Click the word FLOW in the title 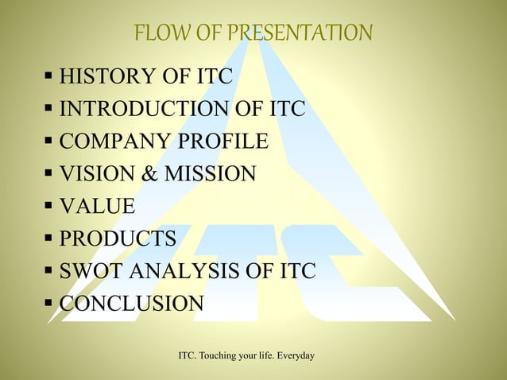tap(157, 33)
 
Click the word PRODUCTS tap(118, 238)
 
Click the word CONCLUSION tap(132, 304)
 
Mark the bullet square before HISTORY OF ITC tap(49, 78)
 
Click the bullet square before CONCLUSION tap(49, 304)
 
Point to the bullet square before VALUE tap(49, 207)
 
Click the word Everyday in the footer tap(294, 351)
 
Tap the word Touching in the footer tap(227, 351)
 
